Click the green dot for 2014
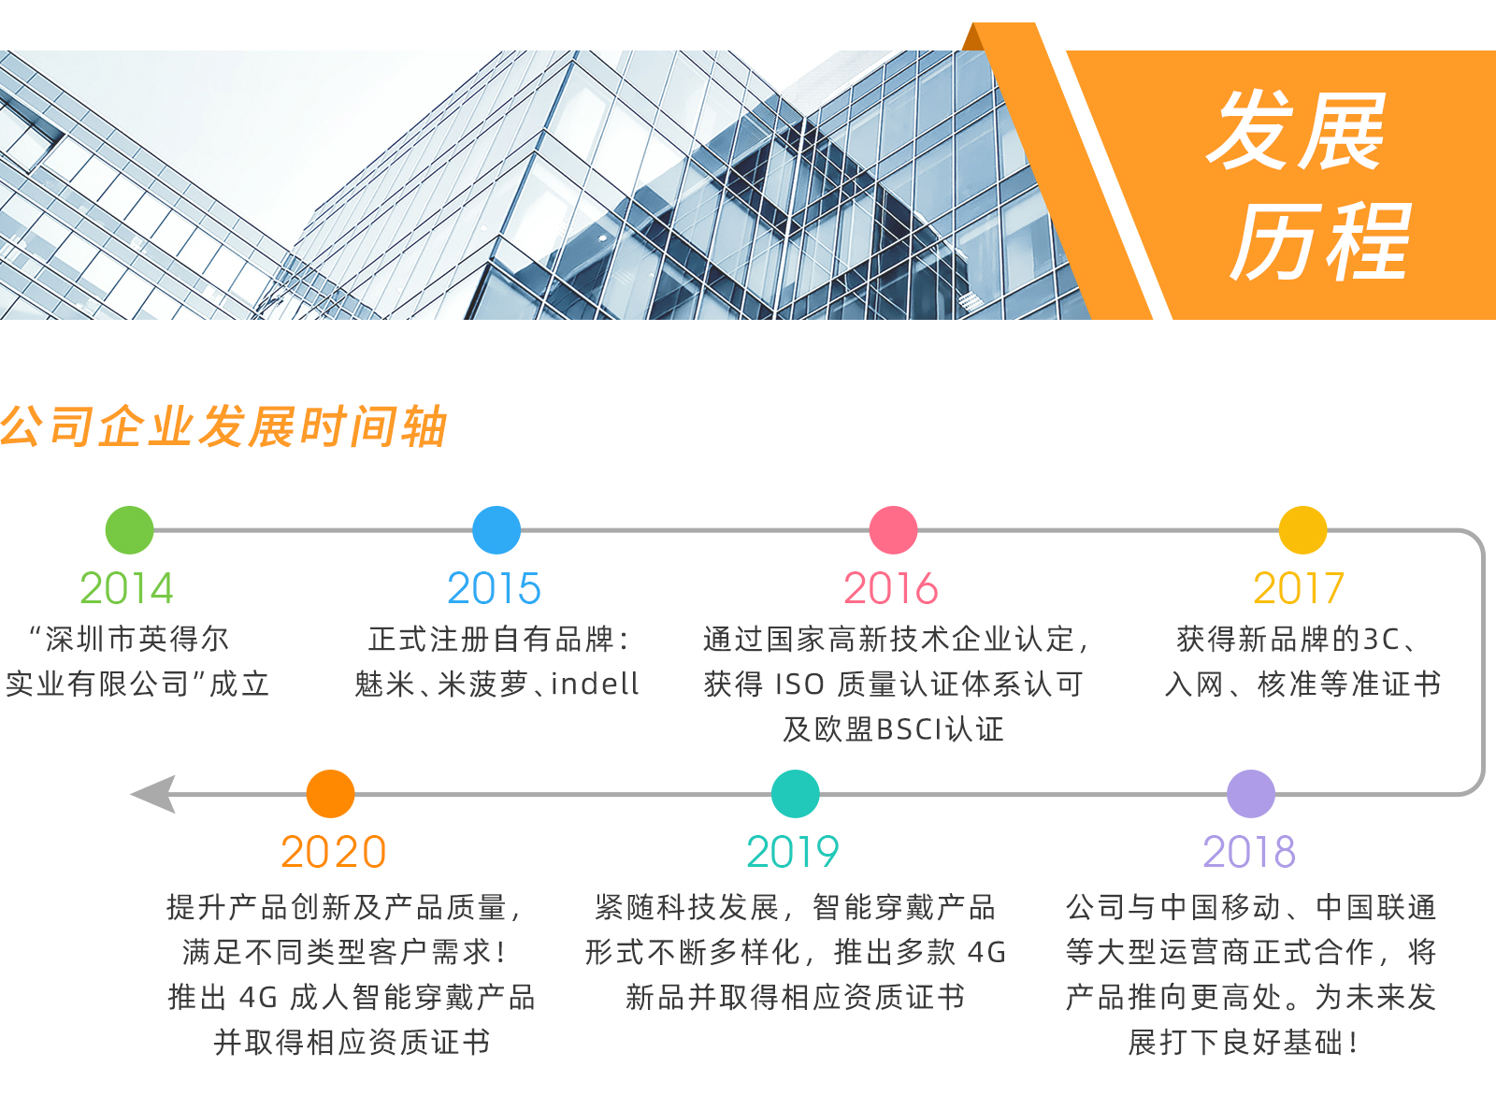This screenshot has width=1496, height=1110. pyautogui.click(x=130, y=530)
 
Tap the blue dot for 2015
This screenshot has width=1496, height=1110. pyautogui.click(x=496, y=530)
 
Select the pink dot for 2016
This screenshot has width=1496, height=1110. pyautogui.click(x=893, y=530)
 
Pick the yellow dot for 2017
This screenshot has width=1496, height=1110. pyautogui.click(x=1302, y=530)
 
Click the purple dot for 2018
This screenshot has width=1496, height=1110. pyautogui.click(x=1250, y=794)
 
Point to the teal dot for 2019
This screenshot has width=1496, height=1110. pyautogui.click(x=795, y=794)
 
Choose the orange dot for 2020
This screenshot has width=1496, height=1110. pyautogui.click(x=330, y=794)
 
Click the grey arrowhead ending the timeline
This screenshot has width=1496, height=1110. pyautogui.click(x=153, y=794)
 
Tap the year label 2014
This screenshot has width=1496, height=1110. pyautogui.click(x=127, y=588)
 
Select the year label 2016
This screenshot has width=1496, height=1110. pyautogui.click(x=891, y=588)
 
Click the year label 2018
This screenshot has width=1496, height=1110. pyautogui.click(x=1249, y=852)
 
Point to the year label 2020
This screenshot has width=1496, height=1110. pyautogui.click(x=333, y=852)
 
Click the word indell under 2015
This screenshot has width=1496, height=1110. pyautogui.click(x=595, y=684)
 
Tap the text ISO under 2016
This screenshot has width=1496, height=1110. pyautogui.click(x=799, y=685)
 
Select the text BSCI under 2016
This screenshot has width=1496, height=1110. pyautogui.click(x=909, y=729)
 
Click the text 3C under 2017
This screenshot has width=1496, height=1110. pyautogui.click(x=1381, y=640)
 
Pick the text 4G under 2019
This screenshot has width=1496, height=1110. pyautogui.click(x=986, y=953)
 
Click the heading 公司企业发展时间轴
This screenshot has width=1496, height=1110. pyautogui.click(x=223, y=426)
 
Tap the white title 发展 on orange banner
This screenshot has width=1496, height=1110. pyautogui.click(x=1295, y=131)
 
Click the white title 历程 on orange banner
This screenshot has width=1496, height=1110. pyautogui.click(x=1319, y=241)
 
